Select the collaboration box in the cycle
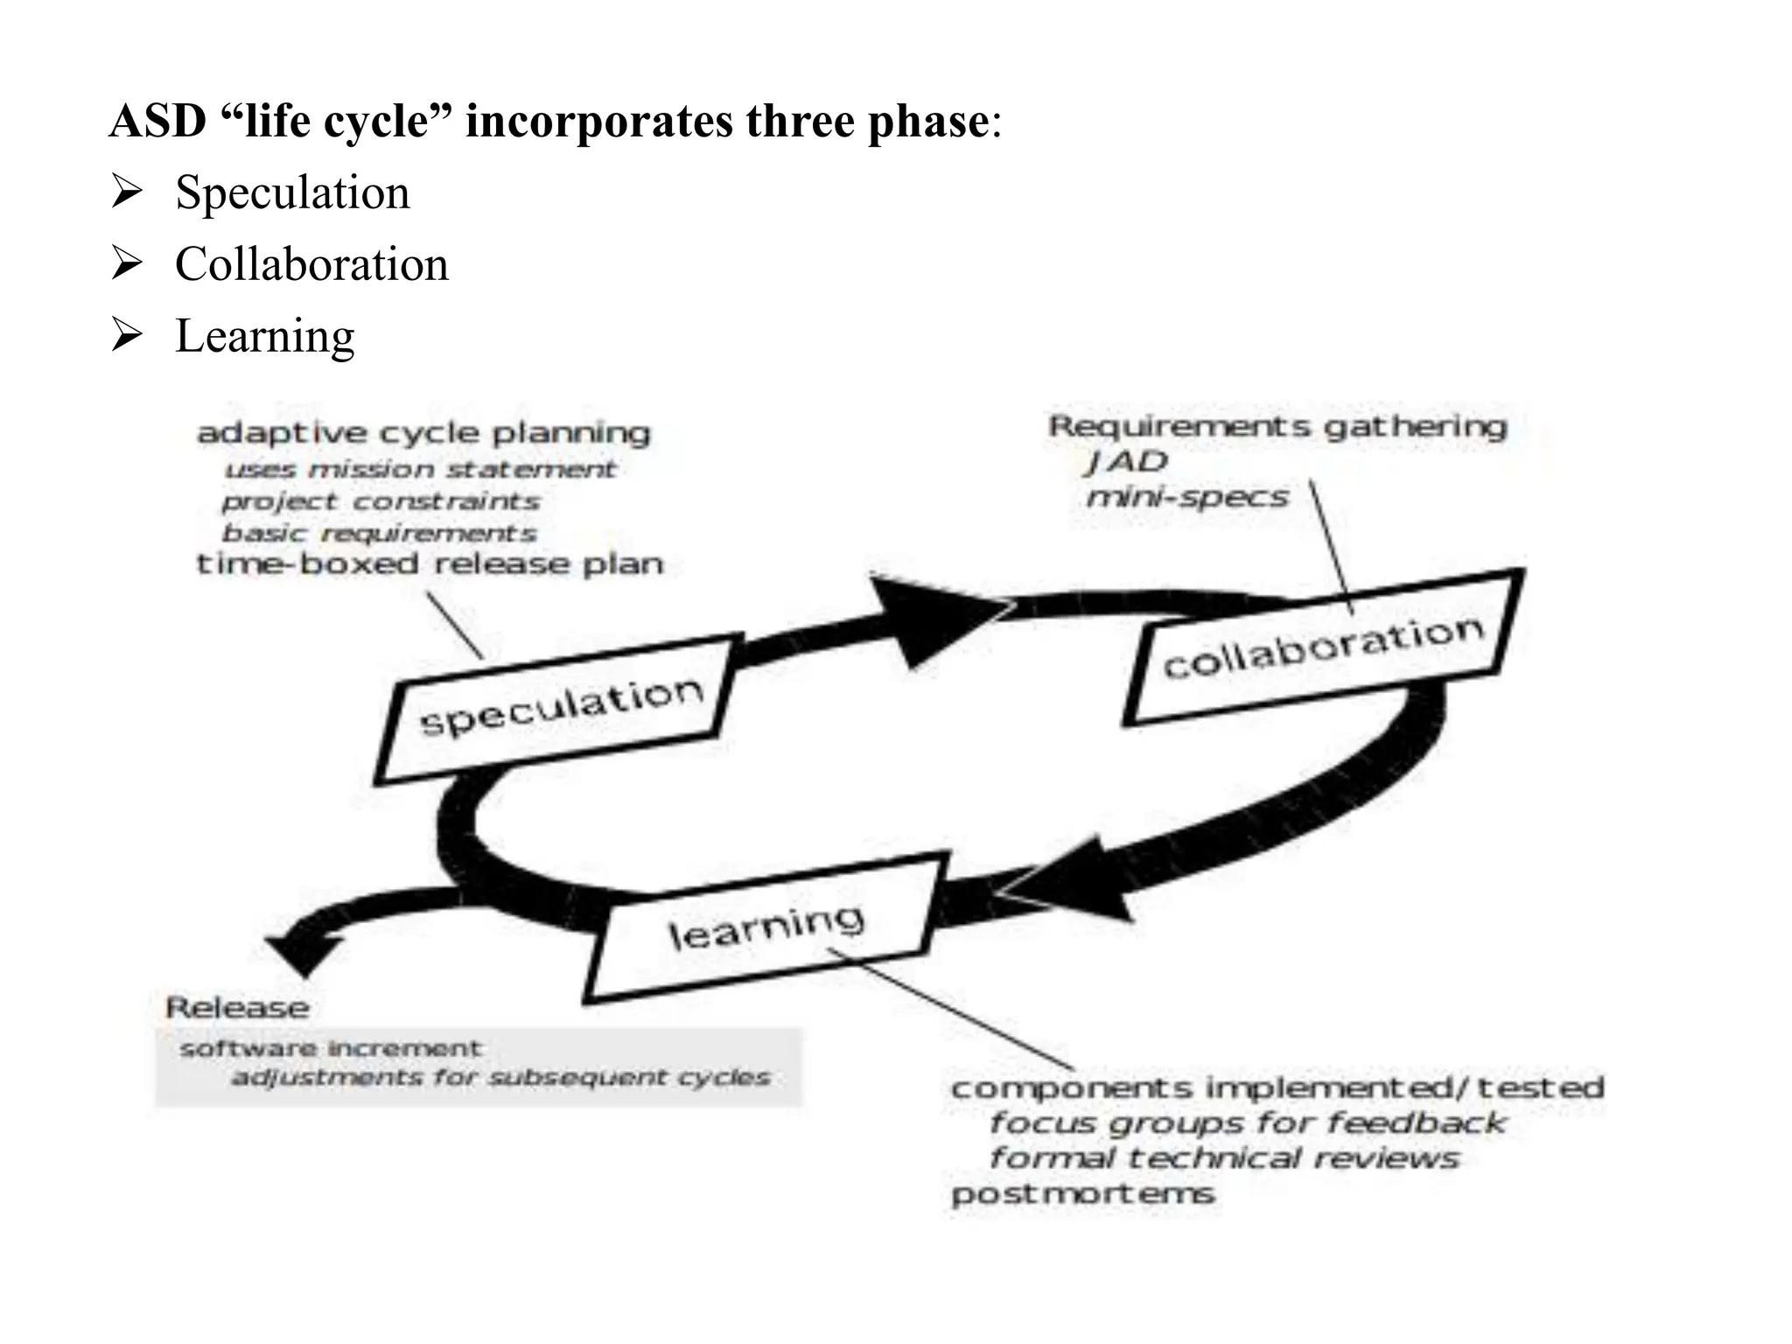pyautogui.click(x=1323, y=647)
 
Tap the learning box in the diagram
pyautogui.click(x=765, y=929)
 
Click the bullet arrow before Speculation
pyautogui.click(x=127, y=192)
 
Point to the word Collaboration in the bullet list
pyautogui.click(x=311, y=264)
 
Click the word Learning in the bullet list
pyautogui.click(x=264, y=336)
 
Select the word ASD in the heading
pyautogui.click(x=157, y=121)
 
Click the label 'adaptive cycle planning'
pyautogui.click(x=423, y=432)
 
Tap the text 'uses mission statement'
pyautogui.click(x=420, y=470)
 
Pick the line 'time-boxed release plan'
pyautogui.click(x=430, y=564)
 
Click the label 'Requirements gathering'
pyautogui.click(x=1277, y=427)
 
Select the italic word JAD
pyautogui.click(x=1127, y=461)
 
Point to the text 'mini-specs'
pyautogui.click(x=1187, y=498)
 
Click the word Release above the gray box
pyautogui.click(x=237, y=1008)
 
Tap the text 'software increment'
pyautogui.click(x=330, y=1048)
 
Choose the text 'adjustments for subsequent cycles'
pyautogui.click(x=500, y=1077)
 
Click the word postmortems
pyautogui.click(x=1082, y=1194)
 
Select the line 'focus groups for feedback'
pyautogui.click(x=1247, y=1123)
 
